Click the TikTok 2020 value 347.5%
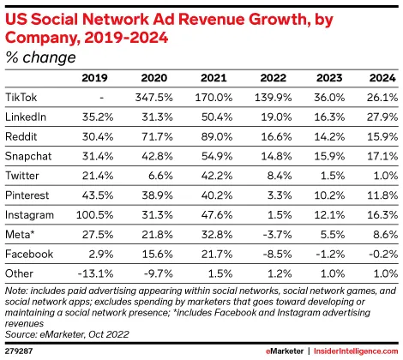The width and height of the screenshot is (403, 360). point(154,98)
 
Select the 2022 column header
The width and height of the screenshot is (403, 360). point(273,78)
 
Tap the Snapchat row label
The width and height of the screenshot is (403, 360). point(28,156)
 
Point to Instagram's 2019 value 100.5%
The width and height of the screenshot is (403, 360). point(94,215)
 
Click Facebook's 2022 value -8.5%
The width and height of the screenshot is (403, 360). point(277,254)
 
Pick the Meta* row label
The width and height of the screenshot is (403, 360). point(20,234)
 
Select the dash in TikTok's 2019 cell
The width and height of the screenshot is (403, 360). point(101,98)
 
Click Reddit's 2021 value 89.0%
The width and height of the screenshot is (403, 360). point(217,136)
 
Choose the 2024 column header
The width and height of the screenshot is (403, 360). point(382,78)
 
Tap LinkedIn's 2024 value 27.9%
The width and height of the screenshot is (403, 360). point(382,117)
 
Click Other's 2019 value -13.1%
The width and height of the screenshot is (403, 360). point(95,273)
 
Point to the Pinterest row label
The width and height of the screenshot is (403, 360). point(27,195)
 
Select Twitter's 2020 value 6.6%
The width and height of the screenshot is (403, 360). point(160,176)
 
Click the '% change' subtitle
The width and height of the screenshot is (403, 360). point(40,57)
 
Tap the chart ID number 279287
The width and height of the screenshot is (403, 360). point(19,351)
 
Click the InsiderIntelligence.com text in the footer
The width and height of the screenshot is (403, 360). point(356,351)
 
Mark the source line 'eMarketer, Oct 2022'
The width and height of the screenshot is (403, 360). point(84,334)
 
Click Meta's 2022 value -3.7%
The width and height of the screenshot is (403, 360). point(277,235)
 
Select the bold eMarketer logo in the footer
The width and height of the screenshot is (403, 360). point(285,351)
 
